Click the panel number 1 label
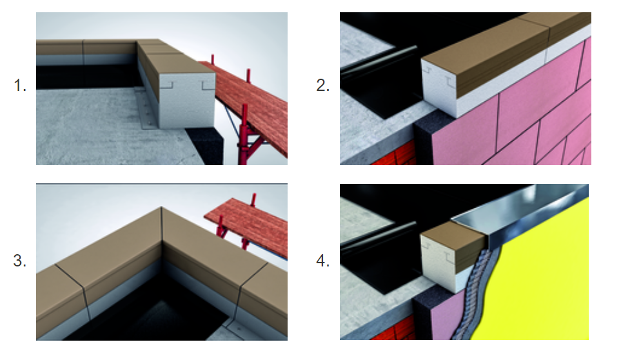20,85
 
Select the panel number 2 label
323,85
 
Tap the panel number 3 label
20,261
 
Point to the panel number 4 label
323,261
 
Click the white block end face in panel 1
187,101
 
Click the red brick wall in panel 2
393,156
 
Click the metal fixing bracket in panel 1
146,109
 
